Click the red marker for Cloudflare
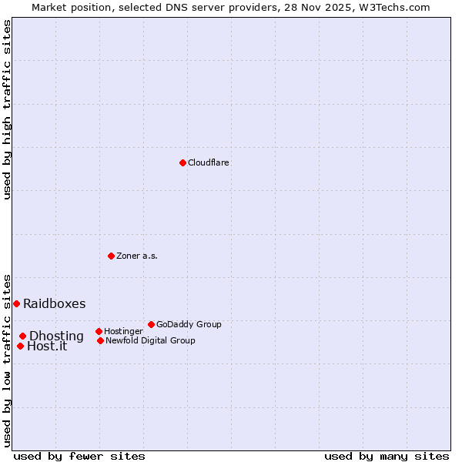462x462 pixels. pos(182,162)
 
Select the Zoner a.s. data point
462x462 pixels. pos(111,256)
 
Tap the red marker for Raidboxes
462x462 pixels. pos(16,303)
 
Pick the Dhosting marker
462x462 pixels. pos(22,336)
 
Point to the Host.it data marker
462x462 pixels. pos(20,346)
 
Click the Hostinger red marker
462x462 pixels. pos(99,331)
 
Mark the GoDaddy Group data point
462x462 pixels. pos(151,324)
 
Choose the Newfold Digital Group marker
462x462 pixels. pos(100,340)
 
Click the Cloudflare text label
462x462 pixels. pos(209,163)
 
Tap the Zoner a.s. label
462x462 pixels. pos(137,256)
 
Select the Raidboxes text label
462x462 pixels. pos(55,304)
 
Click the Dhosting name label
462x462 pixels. pos(56,336)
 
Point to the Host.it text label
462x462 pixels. pos(47,346)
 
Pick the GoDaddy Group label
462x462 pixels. pos(189,325)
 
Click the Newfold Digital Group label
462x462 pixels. pos(150,341)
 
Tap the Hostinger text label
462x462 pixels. pos(123,332)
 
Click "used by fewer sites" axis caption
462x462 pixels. pos(79,456)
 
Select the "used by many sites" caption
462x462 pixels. pos(387,456)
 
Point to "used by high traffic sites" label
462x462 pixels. pos(7,109)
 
